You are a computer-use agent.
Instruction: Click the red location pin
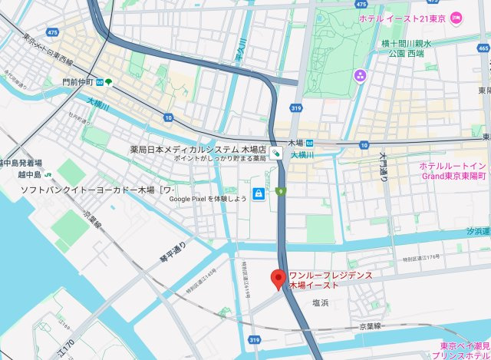(279, 278)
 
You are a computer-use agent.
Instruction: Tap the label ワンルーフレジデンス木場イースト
(331, 279)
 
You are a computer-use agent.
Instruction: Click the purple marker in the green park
(360, 75)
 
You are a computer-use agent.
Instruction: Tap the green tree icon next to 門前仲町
(109, 81)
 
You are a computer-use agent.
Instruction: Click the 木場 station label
(295, 143)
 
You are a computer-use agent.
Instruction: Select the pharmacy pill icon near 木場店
(275, 154)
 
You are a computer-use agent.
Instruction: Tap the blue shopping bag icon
(259, 193)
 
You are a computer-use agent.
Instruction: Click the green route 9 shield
(281, 190)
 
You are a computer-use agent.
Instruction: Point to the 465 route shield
(483, 48)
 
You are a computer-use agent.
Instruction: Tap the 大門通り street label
(384, 167)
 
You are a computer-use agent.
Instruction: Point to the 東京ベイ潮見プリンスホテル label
(462, 350)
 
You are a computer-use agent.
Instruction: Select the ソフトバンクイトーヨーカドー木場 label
(97, 189)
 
